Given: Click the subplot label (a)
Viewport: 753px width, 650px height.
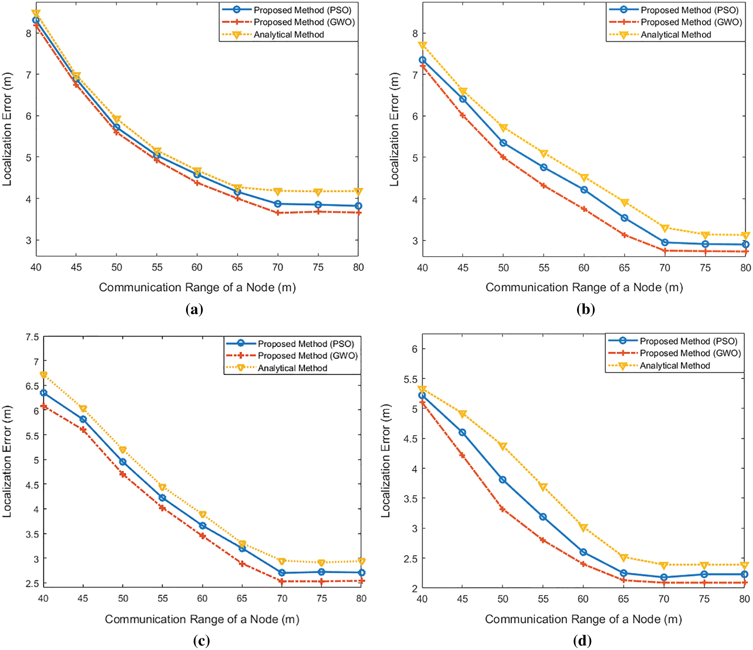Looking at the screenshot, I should coord(194,309).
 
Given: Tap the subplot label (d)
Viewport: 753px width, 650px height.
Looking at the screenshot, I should coord(582,641).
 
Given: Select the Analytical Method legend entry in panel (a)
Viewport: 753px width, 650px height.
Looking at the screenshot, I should coord(288,35).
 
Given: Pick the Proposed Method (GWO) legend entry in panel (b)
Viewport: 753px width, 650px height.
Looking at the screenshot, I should coord(691,22).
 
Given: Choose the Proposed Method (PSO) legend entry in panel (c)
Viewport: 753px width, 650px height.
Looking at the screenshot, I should coord(306,344).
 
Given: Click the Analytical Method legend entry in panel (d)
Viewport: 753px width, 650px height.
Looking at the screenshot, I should coord(674,365).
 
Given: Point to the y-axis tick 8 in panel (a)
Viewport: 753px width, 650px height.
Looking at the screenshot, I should coord(28,33).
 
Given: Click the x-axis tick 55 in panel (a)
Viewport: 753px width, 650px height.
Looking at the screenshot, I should coord(157,267).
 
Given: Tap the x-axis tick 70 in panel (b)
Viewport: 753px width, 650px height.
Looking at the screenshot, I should coord(665,268).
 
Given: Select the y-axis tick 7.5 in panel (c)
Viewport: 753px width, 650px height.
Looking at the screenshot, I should coord(32,337).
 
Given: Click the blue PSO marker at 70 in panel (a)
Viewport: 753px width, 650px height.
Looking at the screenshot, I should coord(277,204).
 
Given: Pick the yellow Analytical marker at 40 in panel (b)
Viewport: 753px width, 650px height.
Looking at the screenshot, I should coord(422,45).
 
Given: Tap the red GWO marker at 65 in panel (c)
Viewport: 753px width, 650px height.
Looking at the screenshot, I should coord(242,564).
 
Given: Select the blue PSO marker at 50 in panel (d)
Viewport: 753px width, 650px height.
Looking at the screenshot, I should coord(503,480).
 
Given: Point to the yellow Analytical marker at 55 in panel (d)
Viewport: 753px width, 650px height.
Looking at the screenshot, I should coord(543,487).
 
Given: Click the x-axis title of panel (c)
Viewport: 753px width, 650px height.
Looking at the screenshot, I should coord(202,619).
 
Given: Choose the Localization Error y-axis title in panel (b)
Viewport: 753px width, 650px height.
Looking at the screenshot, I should coord(394,129).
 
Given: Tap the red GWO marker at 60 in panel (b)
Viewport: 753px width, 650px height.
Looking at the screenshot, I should coord(584,209).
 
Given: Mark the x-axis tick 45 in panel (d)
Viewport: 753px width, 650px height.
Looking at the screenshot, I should coord(462,599).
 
